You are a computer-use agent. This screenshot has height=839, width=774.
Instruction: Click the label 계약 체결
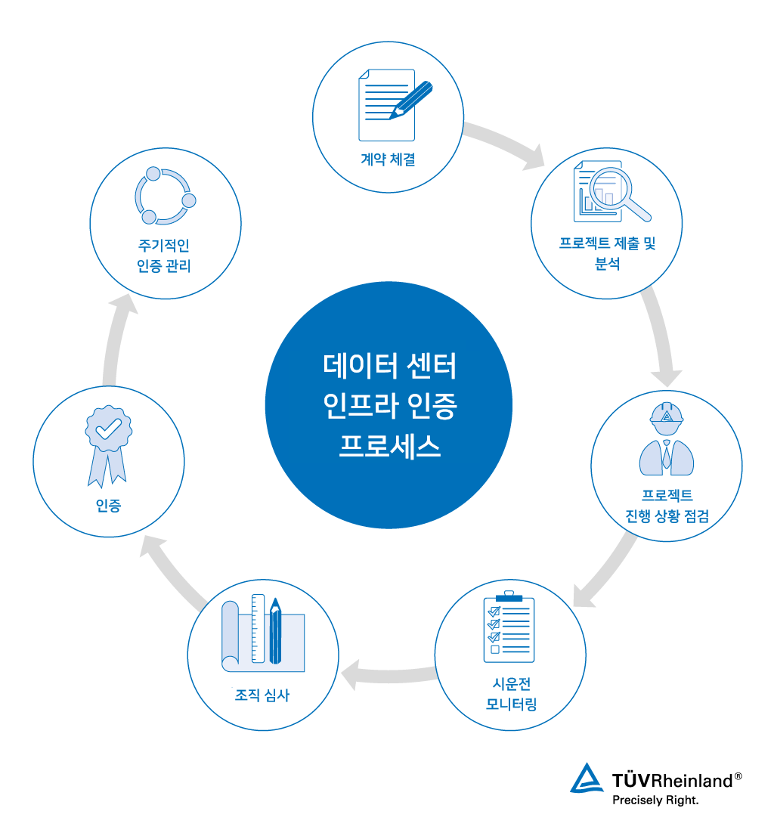tap(388, 159)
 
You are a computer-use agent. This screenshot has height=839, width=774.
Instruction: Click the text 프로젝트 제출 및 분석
tap(607, 253)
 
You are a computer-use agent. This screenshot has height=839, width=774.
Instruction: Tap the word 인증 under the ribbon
tap(108, 506)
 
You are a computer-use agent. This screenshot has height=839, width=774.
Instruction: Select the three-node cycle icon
tap(165, 197)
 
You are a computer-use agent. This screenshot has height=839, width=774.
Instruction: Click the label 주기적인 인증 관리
tap(165, 255)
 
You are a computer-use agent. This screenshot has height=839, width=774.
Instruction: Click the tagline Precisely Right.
tap(655, 800)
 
